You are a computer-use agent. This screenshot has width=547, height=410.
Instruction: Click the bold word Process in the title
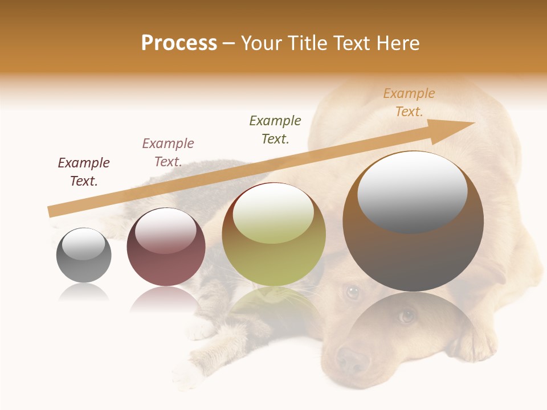click(179, 43)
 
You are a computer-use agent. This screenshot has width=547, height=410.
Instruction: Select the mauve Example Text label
click(168, 153)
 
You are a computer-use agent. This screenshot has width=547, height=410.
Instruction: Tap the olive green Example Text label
click(275, 130)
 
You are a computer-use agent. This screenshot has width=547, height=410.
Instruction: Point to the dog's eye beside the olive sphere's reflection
click(353, 292)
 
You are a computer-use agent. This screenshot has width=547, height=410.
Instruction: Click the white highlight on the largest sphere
click(412, 191)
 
